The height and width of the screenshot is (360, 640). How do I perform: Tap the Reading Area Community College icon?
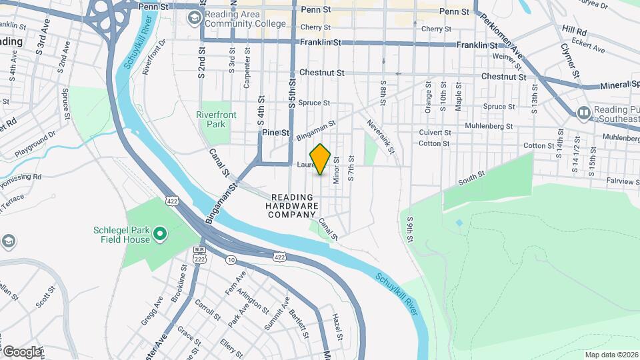click(x=194, y=19)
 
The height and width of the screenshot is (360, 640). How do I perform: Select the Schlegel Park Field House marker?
click(x=159, y=233)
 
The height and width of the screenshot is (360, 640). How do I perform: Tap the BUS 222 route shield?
click(x=199, y=253)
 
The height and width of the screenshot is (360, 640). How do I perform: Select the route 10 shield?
click(x=230, y=259)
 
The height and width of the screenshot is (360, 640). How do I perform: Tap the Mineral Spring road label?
click(x=609, y=85)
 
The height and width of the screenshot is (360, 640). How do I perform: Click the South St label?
click(x=471, y=179)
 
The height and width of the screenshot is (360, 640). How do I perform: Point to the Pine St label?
click(x=275, y=133)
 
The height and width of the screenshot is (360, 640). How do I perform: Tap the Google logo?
click(x=21, y=351)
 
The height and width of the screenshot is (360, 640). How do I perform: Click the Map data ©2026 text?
click(x=611, y=355)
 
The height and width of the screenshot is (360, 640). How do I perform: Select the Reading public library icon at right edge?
click(x=583, y=113)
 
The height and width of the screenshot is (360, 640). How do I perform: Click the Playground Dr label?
click(x=33, y=141)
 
